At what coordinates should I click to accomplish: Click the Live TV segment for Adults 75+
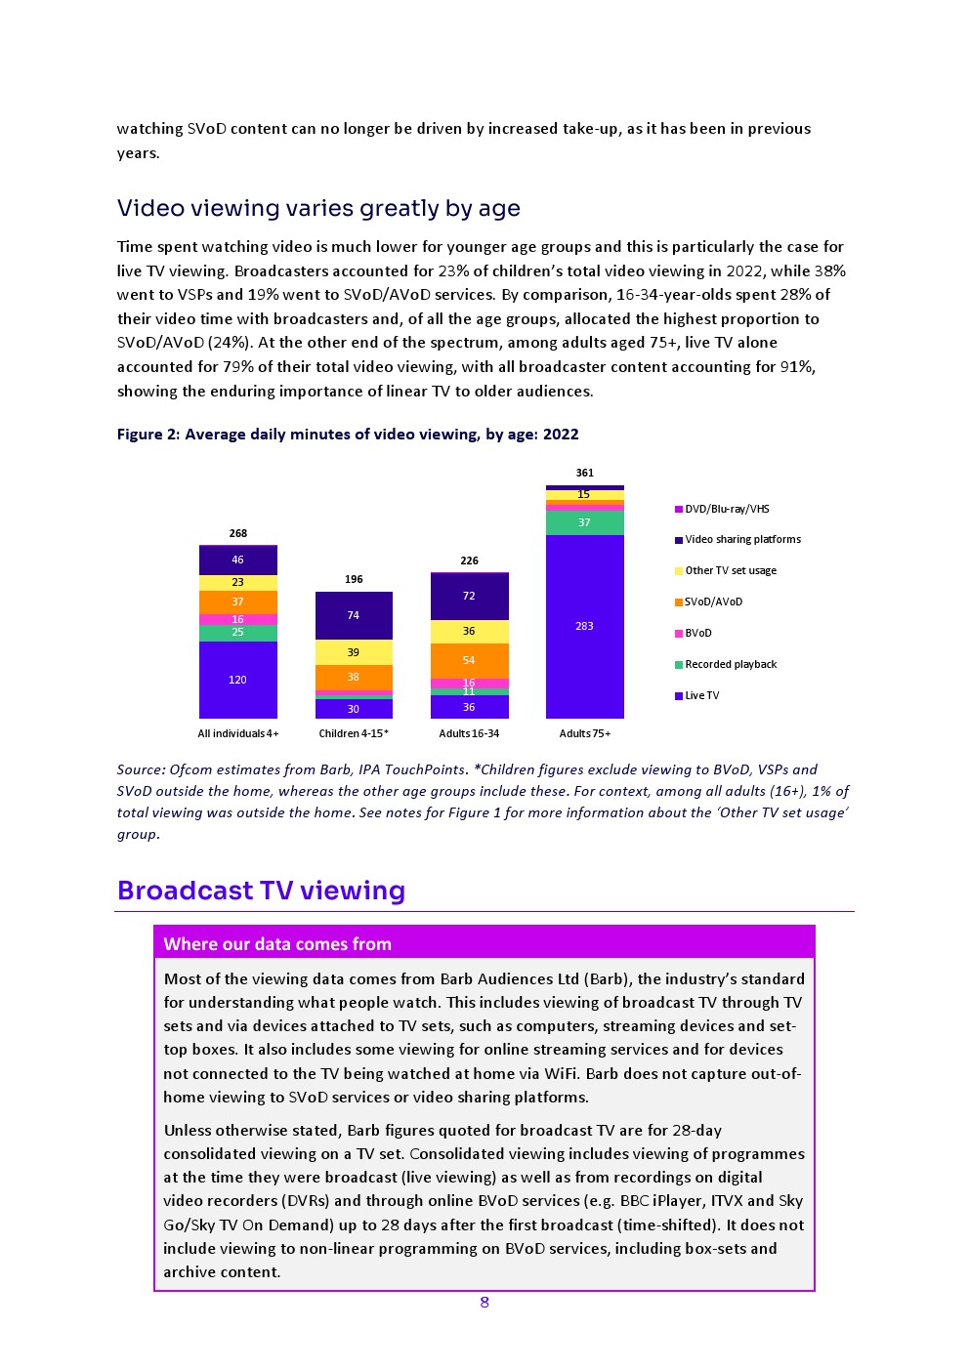click(x=584, y=626)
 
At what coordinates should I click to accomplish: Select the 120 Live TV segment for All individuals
click(x=237, y=680)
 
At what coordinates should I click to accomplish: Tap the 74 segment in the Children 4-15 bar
click(x=354, y=615)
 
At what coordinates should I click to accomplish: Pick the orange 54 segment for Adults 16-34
click(x=469, y=660)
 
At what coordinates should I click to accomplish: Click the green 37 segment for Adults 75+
click(x=584, y=522)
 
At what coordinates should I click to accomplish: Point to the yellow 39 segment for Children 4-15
click(x=354, y=652)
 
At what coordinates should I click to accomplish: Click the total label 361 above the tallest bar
click(x=584, y=473)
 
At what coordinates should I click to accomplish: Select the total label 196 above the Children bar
click(x=354, y=579)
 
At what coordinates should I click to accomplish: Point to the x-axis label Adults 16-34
click(x=469, y=733)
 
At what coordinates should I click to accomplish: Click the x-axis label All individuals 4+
click(x=237, y=733)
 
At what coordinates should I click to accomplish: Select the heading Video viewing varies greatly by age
click(x=318, y=208)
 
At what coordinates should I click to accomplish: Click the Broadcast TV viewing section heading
click(x=261, y=891)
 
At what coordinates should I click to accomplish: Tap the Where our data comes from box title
click(x=277, y=943)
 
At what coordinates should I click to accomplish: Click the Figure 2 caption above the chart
click(x=348, y=434)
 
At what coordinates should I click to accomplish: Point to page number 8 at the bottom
click(x=484, y=1302)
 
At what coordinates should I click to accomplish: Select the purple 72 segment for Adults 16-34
click(x=469, y=596)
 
